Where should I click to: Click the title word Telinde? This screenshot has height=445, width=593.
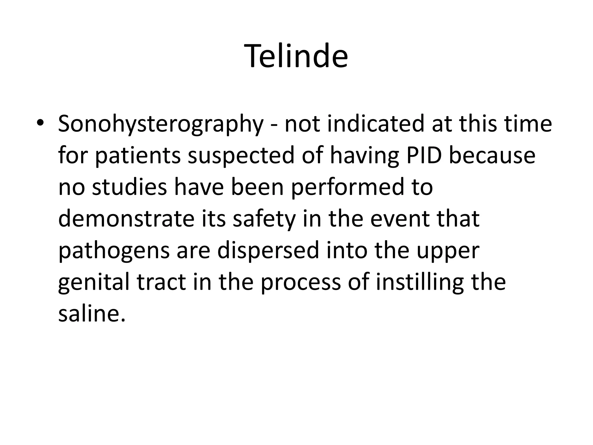tap(296, 56)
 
